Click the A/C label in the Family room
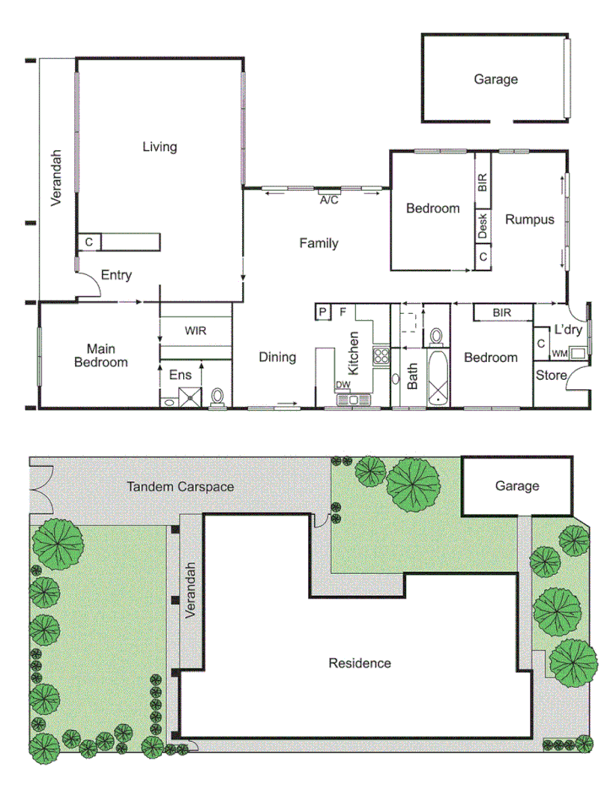(328, 200)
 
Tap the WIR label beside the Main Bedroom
(196, 331)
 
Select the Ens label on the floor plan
(181, 374)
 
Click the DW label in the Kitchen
(343, 385)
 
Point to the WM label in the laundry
(559, 354)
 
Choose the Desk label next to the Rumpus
(483, 225)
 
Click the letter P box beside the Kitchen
(322, 312)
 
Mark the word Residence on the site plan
(359, 663)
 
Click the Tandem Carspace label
(180, 487)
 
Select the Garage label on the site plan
(516, 486)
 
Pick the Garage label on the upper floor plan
(495, 79)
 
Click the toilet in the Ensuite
(219, 396)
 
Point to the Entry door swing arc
(91, 288)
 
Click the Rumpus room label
(530, 219)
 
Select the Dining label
(278, 357)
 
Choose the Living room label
(159, 147)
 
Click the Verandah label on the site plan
(191, 591)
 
